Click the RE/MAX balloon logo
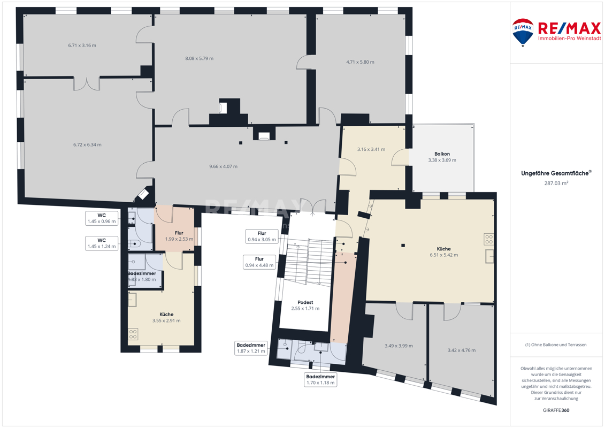pos(523,33)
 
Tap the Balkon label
pos(442,154)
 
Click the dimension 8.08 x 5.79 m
pos(199,59)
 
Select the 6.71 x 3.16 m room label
pos(82,45)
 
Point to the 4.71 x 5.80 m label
pos(360,62)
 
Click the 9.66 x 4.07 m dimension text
pos(224,167)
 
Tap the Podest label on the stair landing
pos(305,303)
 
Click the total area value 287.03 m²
pos(556,184)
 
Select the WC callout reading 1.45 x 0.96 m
pos(102,218)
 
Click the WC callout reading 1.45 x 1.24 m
pos(102,243)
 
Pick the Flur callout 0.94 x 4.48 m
pos(259,262)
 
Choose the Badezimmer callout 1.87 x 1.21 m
pos(251,348)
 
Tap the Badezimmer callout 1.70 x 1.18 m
pos(320,380)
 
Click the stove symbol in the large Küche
pos(489,239)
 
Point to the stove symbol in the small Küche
pos(133,334)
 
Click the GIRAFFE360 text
pos(556,410)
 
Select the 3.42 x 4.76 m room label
pos(462,350)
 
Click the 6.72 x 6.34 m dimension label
pos(87,145)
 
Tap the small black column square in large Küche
pos(403,245)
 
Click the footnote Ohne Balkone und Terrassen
pos(556,345)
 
